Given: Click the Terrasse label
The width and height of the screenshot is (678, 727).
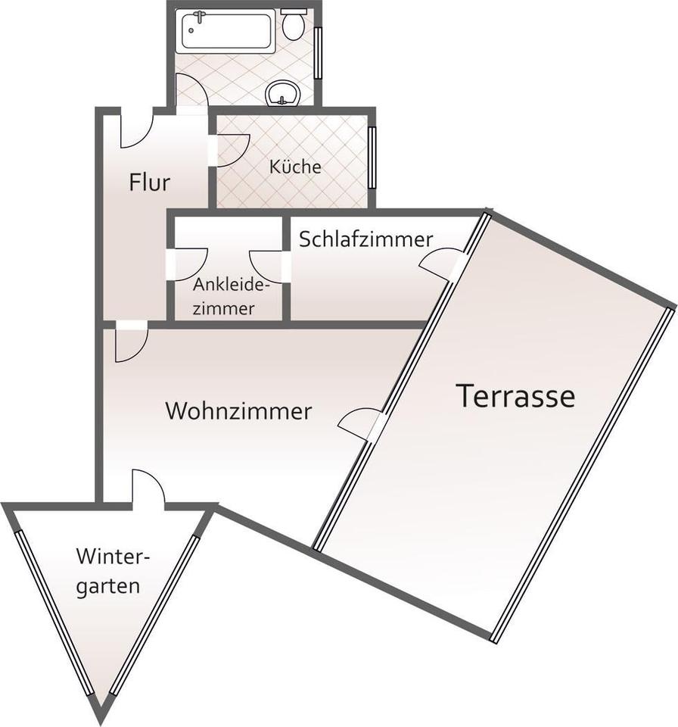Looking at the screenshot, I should click(x=515, y=396).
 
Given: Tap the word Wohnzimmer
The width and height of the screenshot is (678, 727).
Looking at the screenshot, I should click(x=238, y=411).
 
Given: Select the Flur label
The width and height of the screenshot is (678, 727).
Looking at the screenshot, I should click(x=149, y=183).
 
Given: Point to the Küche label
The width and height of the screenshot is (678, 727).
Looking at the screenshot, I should click(x=295, y=167).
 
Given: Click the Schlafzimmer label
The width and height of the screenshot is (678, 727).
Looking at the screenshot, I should click(x=366, y=239).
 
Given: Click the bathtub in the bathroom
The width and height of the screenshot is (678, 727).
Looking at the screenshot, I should click(x=225, y=31).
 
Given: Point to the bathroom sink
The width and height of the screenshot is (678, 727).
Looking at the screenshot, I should click(x=284, y=93).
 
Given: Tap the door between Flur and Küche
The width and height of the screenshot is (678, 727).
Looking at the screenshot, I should click(x=232, y=148).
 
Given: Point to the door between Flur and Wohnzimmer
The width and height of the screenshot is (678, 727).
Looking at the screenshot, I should click(x=130, y=342).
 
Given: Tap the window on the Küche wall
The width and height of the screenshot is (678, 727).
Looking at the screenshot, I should click(x=372, y=157).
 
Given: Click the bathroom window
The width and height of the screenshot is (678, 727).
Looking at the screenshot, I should click(x=318, y=52).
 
